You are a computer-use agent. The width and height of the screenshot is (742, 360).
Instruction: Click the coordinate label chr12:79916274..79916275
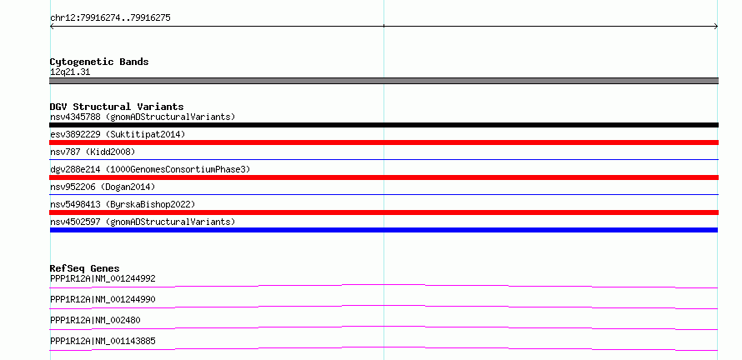(110, 18)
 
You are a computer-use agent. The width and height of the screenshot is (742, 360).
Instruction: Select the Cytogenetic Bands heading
(99, 62)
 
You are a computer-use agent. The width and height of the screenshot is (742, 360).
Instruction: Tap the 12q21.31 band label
(70, 72)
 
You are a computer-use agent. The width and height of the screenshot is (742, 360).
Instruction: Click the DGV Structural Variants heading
(117, 107)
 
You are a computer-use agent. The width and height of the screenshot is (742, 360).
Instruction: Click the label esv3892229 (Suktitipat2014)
(118, 134)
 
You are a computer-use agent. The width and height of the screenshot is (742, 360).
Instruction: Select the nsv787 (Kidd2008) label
(93, 152)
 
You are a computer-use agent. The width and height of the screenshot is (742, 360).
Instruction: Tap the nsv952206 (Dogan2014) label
(103, 187)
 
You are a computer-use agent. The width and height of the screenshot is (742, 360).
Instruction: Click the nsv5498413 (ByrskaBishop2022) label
(123, 204)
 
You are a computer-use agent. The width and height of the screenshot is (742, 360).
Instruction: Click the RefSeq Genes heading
(85, 268)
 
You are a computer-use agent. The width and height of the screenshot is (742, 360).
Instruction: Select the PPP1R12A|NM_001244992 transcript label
(103, 278)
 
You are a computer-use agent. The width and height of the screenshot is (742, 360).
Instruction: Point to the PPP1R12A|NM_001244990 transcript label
(103, 299)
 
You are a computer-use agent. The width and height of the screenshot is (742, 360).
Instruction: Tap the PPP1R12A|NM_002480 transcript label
(95, 320)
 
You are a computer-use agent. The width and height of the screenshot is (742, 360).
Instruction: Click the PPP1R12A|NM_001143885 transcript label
(103, 341)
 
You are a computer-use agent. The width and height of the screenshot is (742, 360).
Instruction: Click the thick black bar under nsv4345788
(384, 125)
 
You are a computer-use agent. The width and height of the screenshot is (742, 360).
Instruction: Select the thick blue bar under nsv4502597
(384, 230)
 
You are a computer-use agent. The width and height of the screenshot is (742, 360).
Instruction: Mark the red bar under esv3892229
(384, 142)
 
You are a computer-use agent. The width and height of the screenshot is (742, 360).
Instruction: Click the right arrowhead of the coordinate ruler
(716, 27)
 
